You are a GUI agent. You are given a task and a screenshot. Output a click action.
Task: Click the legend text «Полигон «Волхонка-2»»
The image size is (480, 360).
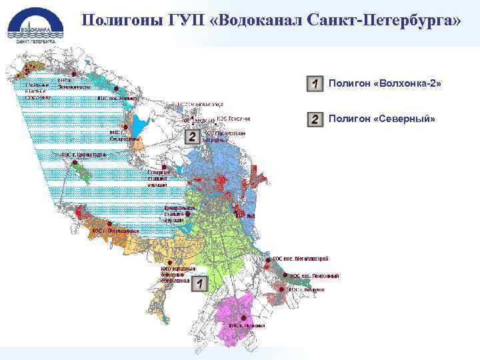tap(385, 84)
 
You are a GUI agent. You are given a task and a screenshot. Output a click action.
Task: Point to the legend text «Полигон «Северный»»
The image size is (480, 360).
tap(381, 119)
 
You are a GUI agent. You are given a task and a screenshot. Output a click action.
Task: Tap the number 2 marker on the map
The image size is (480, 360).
tap(192, 137)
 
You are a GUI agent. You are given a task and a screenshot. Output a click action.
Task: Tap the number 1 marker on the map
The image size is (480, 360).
tap(200, 283)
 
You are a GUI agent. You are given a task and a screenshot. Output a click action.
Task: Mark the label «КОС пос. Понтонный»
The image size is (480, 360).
tap(315, 276)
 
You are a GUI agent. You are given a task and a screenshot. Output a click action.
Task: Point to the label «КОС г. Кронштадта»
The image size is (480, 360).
tap(83, 154)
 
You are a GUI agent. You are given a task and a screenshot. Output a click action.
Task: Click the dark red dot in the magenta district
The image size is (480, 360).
tap(245, 317)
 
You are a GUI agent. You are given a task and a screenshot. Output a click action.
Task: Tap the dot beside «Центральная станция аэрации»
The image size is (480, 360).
tap(188, 213)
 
